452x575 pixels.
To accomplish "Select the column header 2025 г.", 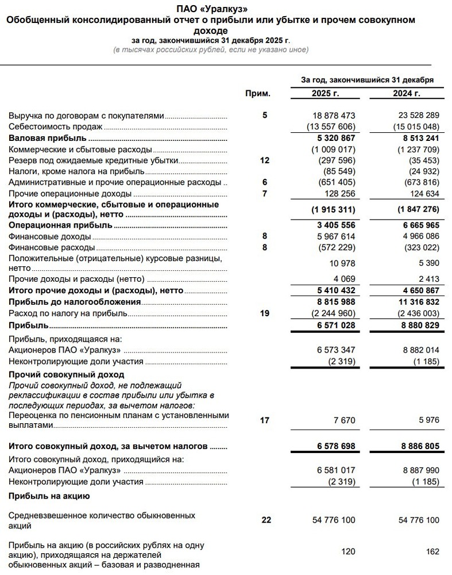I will pos(326,93).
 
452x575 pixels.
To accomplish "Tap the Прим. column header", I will pos(258,93).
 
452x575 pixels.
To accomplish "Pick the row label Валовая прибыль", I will pos(47,138).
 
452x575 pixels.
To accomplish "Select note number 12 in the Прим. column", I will pos(264,160).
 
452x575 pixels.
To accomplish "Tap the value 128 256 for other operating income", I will pos(339,194).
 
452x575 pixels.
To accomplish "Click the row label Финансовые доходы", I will pos(49,236).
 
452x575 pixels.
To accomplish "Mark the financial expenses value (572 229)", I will pos(335,247).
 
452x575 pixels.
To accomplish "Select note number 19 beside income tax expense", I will pos(264,313).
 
